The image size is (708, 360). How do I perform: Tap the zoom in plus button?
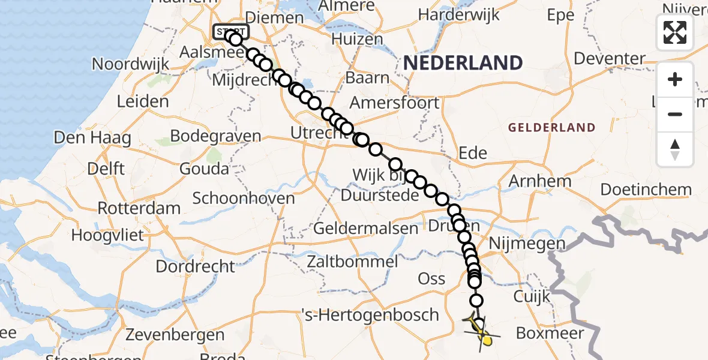pos(675,79)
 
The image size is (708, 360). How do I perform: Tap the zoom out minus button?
pos(675,114)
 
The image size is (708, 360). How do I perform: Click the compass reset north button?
pos(675,149)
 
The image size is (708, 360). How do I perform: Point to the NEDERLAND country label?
pos(463,62)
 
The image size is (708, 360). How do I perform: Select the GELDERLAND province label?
pos(551,127)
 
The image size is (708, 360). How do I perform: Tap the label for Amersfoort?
pos(394,103)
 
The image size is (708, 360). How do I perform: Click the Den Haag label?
pos(92,137)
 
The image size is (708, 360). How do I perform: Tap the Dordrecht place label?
pos(195,266)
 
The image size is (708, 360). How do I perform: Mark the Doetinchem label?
pos(646,190)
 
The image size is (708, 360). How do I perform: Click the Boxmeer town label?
pos(550,332)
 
